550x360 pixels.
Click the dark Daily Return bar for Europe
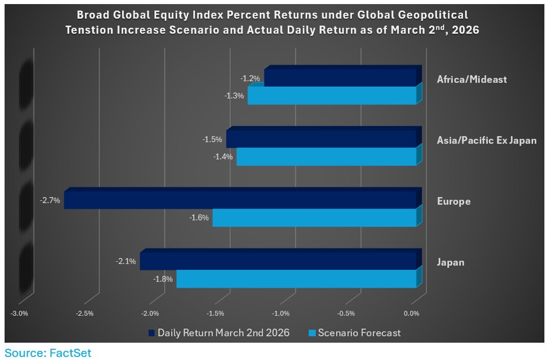click(239, 200)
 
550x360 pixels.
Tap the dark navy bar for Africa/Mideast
click(340, 78)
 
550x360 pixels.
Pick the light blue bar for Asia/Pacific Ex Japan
click(326, 157)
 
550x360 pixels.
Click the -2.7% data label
click(50, 201)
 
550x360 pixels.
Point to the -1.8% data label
click(163, 279)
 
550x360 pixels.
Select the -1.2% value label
click(250, 78)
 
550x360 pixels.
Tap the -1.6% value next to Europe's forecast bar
click(199, 218)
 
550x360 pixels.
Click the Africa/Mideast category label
click(472, 79)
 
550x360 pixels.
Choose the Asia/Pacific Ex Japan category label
click(486, 141)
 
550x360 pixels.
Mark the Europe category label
click(454, 202)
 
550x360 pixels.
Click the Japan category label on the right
click(451, 263)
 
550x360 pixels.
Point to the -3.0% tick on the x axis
click(19, 314)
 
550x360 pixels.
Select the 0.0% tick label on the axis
click(411, 314)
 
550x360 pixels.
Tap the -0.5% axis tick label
click(346, 314)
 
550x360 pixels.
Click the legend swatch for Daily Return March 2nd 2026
click(151, 333)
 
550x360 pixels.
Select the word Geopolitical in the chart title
click(433, 14)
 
